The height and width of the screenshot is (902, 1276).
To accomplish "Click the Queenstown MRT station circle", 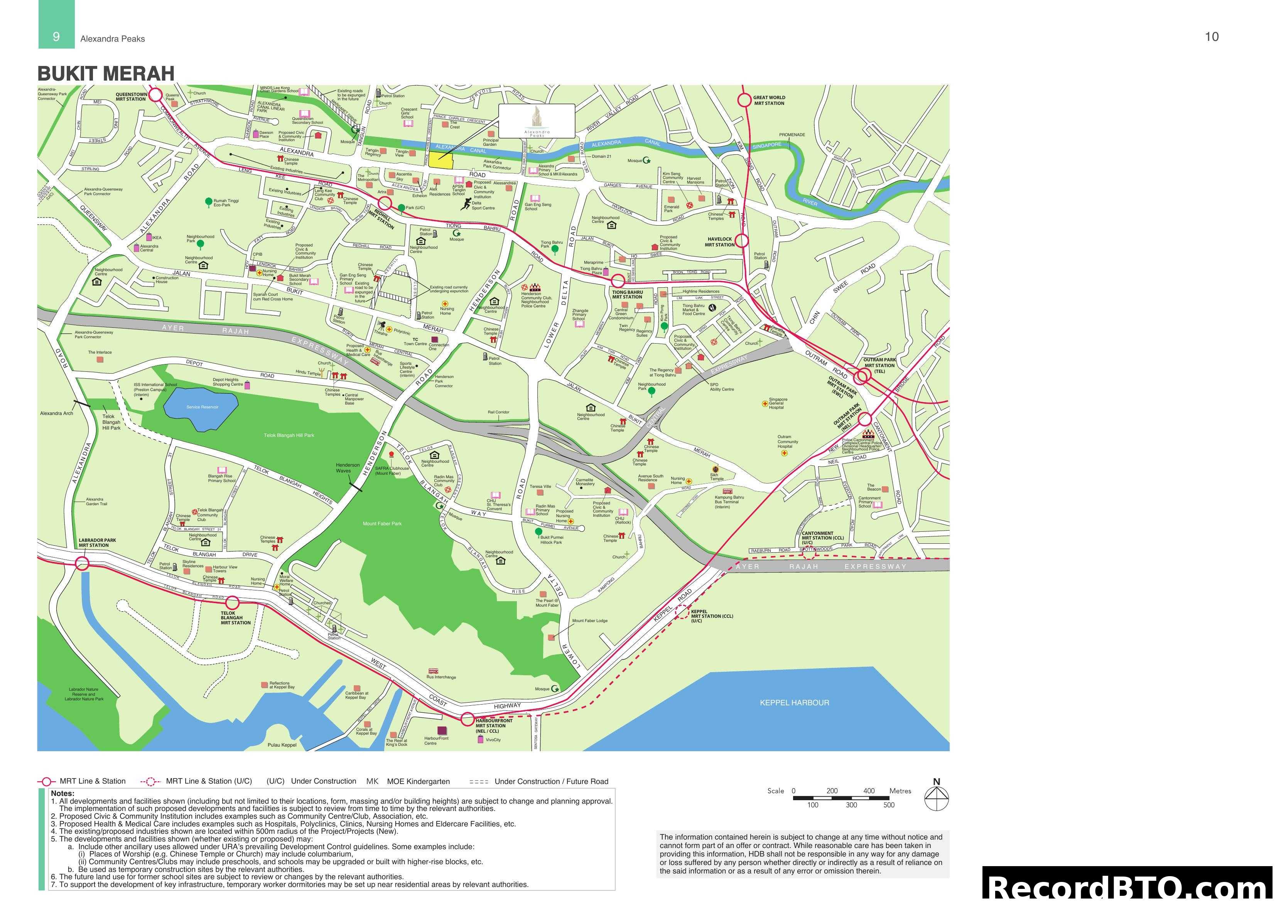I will (155, 95).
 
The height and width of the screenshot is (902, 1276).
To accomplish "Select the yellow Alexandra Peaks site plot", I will (440, 159).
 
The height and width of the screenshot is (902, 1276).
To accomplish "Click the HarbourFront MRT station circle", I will (468, 719).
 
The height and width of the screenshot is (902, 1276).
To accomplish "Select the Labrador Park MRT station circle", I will (82, 564).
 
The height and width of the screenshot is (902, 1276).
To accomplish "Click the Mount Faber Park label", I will (382, 524).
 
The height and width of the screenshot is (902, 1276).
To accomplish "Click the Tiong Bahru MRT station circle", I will (618, 281).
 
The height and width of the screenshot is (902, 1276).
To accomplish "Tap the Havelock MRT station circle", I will (743, 241).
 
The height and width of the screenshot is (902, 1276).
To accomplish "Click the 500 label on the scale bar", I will (889, 805).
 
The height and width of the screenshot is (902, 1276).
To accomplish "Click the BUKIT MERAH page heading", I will (106, 73).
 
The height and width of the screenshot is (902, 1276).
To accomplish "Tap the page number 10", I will (1212, 37).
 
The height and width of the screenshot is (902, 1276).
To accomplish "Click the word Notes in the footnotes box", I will (62, 793).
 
